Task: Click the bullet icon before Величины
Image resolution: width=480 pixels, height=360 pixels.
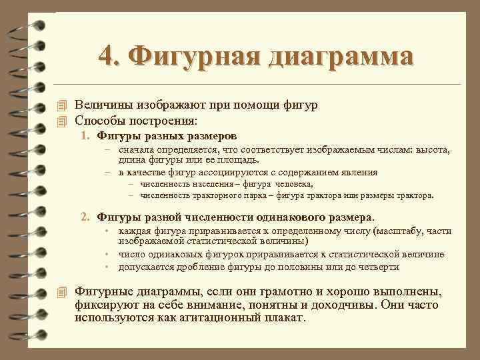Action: pos(63,106)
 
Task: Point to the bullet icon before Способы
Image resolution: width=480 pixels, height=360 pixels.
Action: pos(63,121)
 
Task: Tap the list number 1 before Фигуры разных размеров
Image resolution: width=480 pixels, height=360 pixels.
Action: pos(85,137)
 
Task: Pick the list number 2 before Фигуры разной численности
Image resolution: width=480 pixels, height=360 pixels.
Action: pos(85,217)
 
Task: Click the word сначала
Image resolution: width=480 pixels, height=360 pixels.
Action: pos(137,151)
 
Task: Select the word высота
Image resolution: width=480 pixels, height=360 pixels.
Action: pos(435,151)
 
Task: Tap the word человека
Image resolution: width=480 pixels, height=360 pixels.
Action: pos(291,183)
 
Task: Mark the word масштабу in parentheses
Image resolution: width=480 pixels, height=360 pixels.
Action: pos(401,231)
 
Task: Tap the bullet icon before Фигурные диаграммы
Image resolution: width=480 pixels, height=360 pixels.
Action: pos(63,292)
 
